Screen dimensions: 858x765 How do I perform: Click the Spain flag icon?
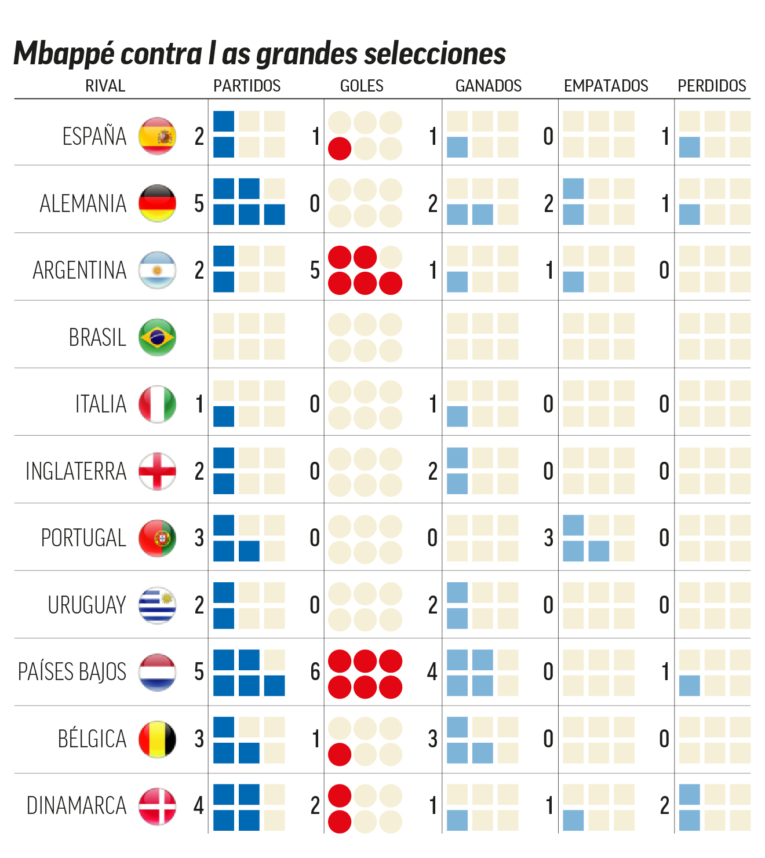coord(157,136)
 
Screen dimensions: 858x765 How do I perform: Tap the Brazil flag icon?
coord(157,337)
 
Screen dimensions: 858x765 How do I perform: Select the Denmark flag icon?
coord(157,806)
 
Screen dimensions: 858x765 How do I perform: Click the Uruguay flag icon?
coord(157,605)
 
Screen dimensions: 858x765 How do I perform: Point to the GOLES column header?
coord(362,86)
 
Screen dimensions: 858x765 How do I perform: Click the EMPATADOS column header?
coord(606,86)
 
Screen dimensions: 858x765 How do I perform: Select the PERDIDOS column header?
coord(712,86)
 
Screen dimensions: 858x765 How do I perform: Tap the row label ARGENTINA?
coord(79,271)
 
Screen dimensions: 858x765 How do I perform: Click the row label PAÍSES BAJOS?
coord(72,672)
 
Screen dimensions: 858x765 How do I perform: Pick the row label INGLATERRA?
coord(76,472)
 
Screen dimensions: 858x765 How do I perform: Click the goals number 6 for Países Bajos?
coord(315,672)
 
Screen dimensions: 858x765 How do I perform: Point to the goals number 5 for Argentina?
coord(315,271)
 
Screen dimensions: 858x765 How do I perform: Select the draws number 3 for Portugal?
coord(548,539)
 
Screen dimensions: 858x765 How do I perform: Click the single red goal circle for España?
coord(340,149)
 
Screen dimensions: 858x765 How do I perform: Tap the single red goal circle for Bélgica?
coord(340,754)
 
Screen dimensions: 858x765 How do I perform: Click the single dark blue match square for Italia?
coord(224,417)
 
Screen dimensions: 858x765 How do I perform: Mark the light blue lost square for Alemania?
coord(689,214)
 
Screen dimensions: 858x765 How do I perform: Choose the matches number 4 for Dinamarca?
coord(199,806)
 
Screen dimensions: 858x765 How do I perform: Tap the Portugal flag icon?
coord(157,538)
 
